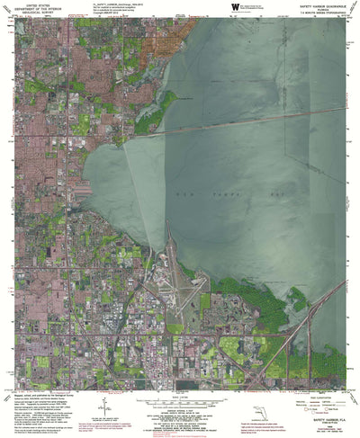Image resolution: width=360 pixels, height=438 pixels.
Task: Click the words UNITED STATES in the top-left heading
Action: point(38,80)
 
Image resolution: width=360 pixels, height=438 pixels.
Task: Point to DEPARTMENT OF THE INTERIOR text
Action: point(38,85)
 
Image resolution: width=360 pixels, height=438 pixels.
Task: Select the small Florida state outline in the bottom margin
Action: point(259,415)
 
